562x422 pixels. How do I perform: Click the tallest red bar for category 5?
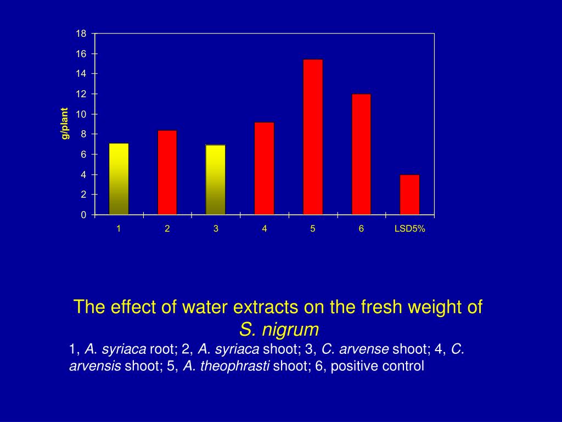tap(313, 137)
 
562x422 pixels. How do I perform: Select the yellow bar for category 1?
tap(119, 179)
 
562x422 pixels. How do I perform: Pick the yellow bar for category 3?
tap(216, 180)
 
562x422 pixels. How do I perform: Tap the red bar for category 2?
tap(167, 173)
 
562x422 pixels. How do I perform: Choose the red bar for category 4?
tap(264, 168)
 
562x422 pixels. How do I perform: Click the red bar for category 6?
tap(361, 154)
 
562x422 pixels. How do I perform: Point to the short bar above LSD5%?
tap(409, 195)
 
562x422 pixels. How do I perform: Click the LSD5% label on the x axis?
tap(409, 229)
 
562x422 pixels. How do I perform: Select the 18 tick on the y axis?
tap(81, 34)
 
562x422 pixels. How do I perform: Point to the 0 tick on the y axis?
tap(83, 215)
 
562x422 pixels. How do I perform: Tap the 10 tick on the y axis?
tap(81, 114)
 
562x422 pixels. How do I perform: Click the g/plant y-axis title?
tap(65, 124)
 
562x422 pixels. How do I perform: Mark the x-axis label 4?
tap(264, 229)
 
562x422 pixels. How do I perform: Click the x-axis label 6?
tap(361, 229)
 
